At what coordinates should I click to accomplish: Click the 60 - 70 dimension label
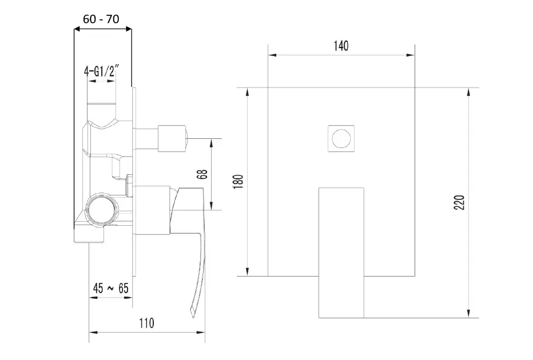point(101,19)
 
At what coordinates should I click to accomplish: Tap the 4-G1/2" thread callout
point(102,71)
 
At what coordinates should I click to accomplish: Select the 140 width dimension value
point(341,46)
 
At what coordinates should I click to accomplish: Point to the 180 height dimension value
point(238,181)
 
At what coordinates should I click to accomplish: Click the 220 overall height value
point(459,202)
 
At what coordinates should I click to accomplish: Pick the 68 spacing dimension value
point(202,174)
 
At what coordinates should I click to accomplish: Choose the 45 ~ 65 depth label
point(111,289)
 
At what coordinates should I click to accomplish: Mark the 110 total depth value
point(146,323)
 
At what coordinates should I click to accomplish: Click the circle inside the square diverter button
point(341,138)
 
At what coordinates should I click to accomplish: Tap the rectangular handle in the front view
point(341,253)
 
